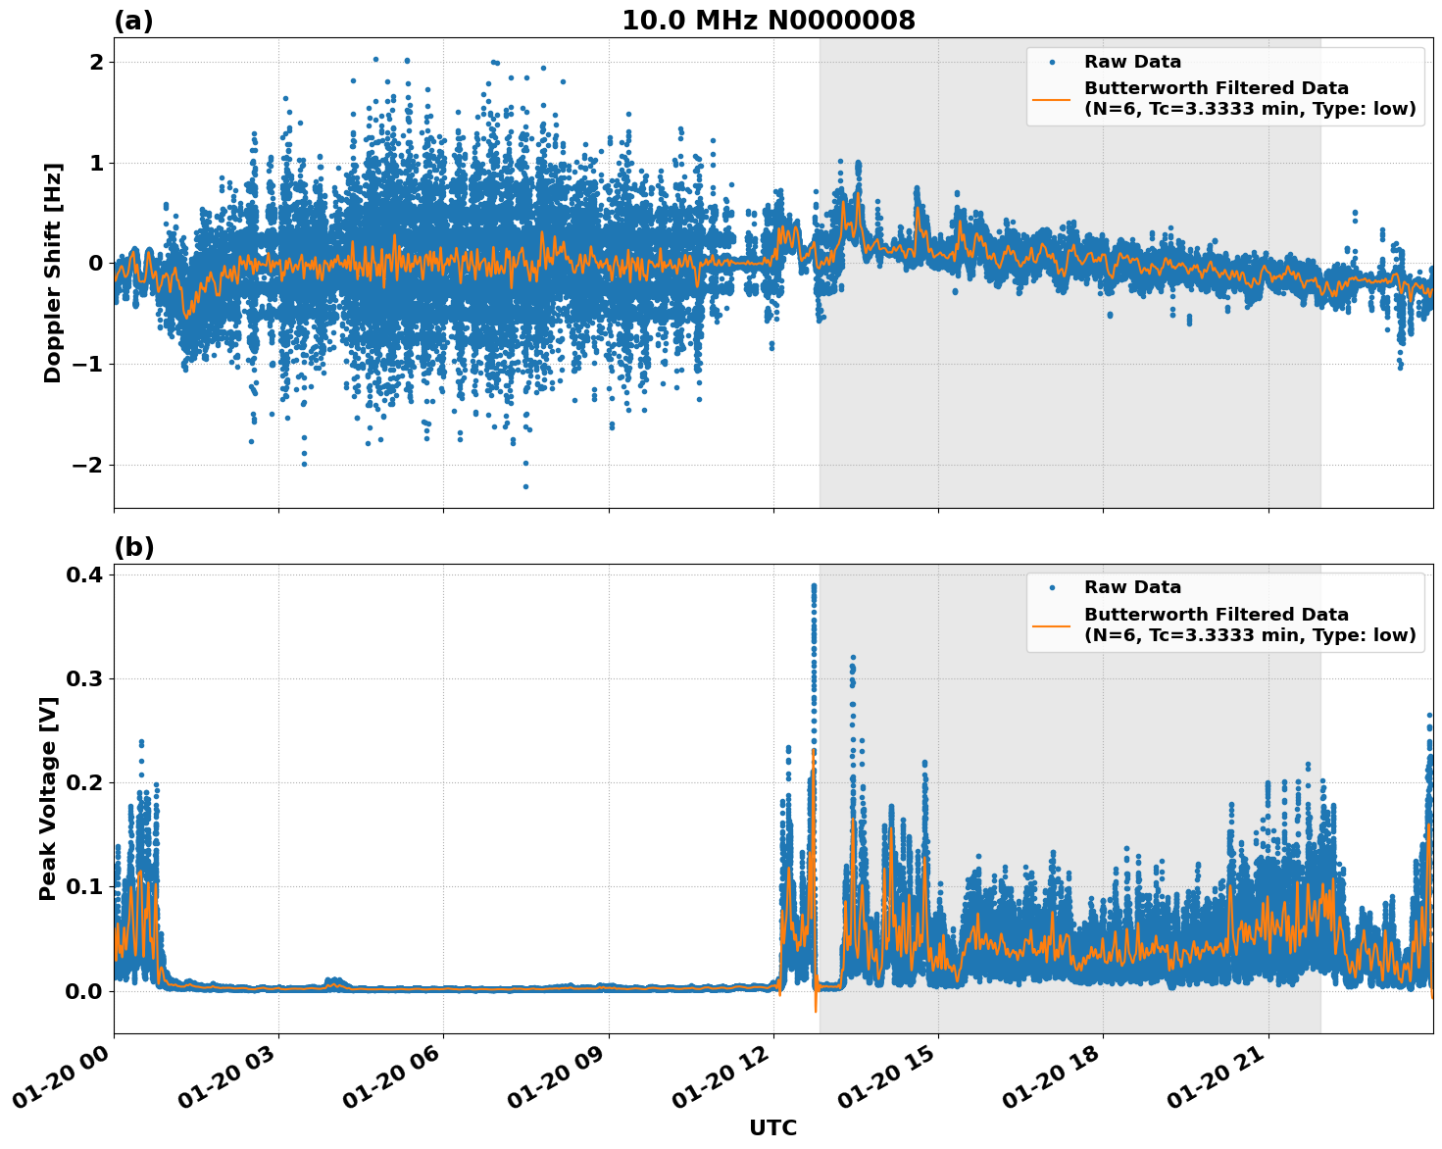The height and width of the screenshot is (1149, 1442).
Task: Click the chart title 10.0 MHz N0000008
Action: pyautogui.click(x=768, y=21)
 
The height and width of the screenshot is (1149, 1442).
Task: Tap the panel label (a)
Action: pyautogui.click(x=133, y=21)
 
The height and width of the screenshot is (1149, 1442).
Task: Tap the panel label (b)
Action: pyautogui.click(x=133, y=547)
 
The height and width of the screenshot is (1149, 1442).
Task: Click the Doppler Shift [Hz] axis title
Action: pyautogui.click(x=53, y=273)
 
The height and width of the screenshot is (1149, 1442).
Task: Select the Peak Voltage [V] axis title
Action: pyautogui.click(x=48, y=798)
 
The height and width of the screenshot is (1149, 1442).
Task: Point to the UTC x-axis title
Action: pyautogui.click(x=772, y=1127)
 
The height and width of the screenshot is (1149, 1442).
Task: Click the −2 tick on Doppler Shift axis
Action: pyautogui.click(x=87, y=465)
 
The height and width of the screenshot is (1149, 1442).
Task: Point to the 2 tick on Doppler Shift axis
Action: pyautogui.click(x=96, y=62)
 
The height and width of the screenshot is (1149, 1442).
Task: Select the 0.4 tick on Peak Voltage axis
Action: pyautogui.click(x=83, y=574)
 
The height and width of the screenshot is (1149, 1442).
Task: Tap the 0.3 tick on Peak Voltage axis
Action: pyautogui.click(x=83, y=678)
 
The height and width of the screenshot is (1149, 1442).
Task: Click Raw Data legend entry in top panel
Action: pyautogui.click(x=1132, y=62)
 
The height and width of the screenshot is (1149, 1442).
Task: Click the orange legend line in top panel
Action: pyautogui.click(x=1051, y=98)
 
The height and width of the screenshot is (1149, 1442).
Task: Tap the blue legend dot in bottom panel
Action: pyautogui.click(x=1051, y=587)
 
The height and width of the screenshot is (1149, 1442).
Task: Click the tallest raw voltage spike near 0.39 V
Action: pyautogui.click(x=814, y=586)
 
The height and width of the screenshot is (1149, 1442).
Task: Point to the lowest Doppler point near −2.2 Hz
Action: pyautogui.click(x=525, y=486)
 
